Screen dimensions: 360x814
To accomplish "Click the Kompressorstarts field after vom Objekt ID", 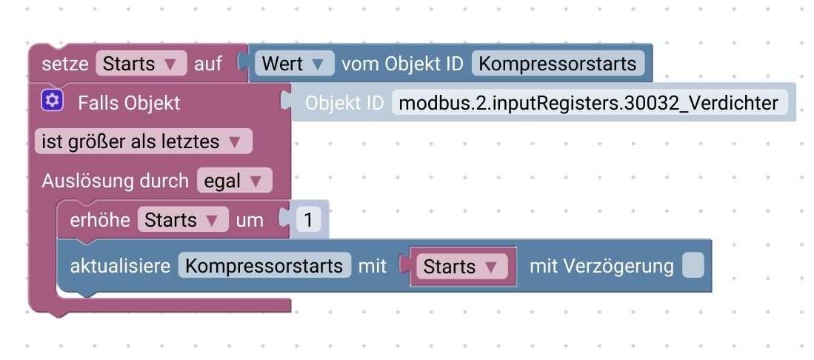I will pos(558,64).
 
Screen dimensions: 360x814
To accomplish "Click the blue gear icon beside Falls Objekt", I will pos(52,101).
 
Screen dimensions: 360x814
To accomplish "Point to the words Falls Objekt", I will pos(129,102).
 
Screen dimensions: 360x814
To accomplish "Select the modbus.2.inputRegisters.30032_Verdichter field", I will pos(589,103).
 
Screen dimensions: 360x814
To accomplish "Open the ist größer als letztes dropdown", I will pos(143,141).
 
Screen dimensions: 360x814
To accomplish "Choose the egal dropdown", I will pos(234,181).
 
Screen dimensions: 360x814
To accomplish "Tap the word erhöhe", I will pos(100,220).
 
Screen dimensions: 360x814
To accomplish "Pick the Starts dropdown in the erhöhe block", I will pos(182,220).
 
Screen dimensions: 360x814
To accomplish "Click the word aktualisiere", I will pos(120,266).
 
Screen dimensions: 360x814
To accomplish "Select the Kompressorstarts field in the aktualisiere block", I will pos(264,266).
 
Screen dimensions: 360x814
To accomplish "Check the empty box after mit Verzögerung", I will pos(693,266).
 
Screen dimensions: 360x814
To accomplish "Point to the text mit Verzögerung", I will pos(601,266).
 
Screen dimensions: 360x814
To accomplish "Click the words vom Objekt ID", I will pos(402,64).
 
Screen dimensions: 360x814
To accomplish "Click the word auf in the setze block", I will pos(208,64).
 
